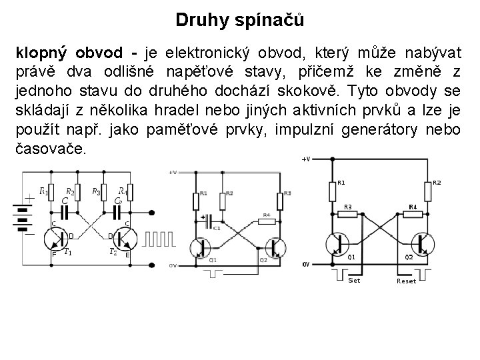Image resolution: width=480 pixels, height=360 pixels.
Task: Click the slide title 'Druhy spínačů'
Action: pos(239,20)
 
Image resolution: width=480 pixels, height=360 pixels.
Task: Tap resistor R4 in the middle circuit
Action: pos(265,219)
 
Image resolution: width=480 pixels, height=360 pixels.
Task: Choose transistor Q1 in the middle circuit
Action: pos(202,249)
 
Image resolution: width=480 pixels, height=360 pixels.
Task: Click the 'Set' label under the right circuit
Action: pos(354,281)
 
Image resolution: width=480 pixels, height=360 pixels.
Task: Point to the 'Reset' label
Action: pos(406,281)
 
